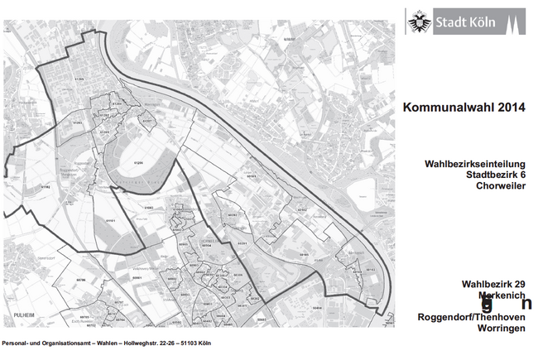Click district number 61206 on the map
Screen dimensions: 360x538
coord(139,164)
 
